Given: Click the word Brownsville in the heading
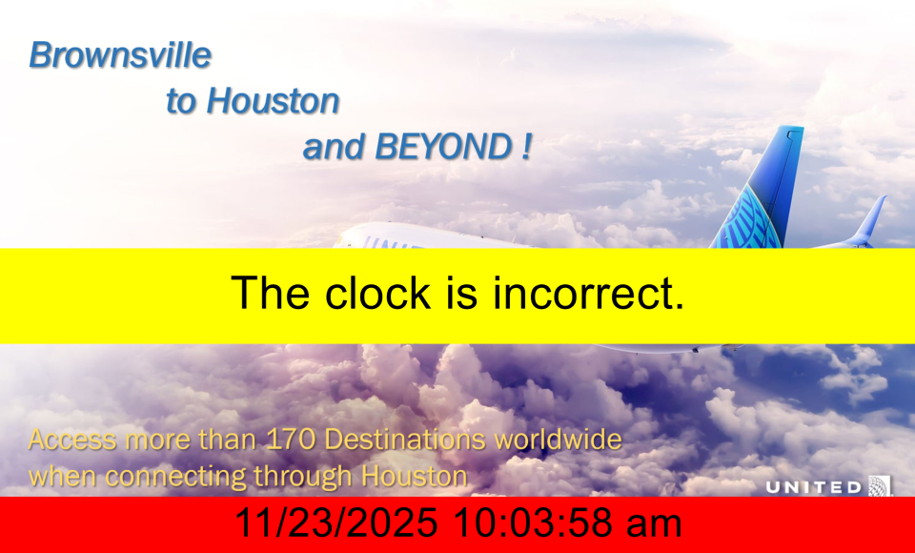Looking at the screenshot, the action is (120, 55).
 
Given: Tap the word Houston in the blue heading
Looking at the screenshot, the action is (274, 100).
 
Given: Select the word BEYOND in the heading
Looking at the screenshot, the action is (443, 146).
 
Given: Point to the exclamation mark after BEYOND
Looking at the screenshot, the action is (526, 146).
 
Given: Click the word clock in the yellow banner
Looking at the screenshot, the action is (377, 292).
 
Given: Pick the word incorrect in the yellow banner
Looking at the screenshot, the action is (588, 292).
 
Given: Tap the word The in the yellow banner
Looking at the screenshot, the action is (270, 292).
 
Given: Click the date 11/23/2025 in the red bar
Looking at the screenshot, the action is (336, 522).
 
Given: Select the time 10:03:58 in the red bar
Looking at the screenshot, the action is (533, 522).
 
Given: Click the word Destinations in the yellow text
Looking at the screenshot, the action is (404, 440).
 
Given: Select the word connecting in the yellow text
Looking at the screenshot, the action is (177, 477).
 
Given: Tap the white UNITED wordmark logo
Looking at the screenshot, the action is (813, 487).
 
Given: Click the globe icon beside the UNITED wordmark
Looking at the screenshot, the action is (880, 486).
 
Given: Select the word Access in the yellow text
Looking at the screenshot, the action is (72, 440).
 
